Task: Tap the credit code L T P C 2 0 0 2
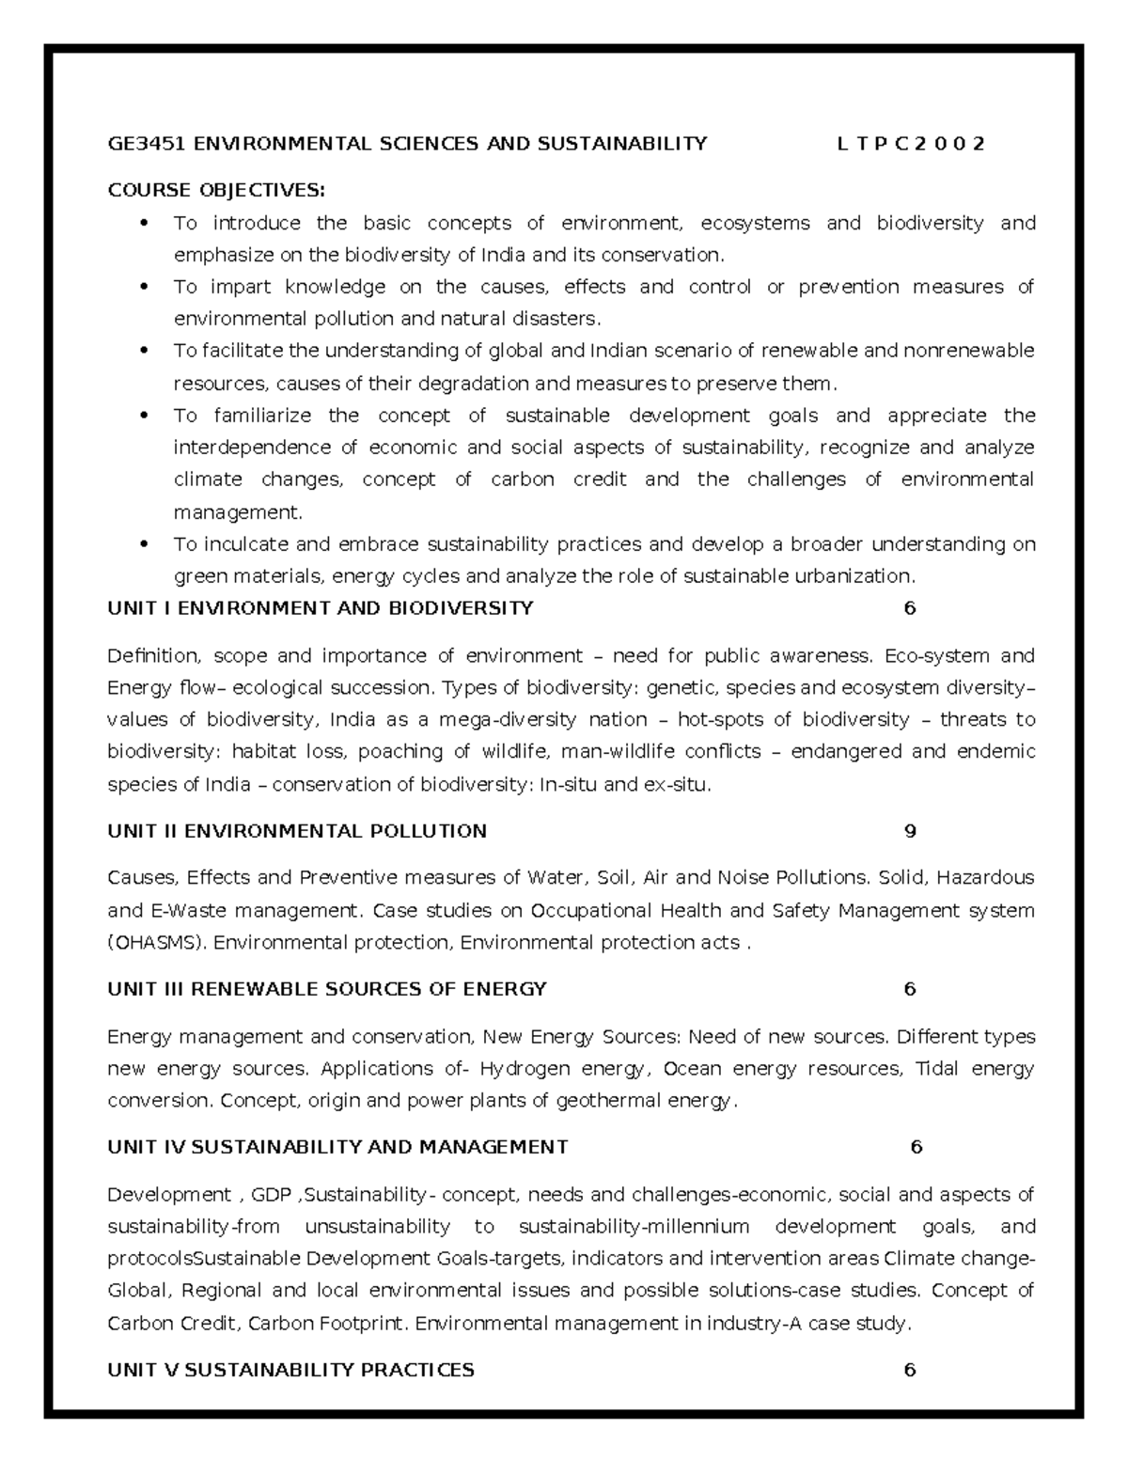(910, 144)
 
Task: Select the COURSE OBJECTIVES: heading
(216, 191)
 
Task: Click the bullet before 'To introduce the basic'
(144, 224)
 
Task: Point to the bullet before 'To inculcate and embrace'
(144, 544)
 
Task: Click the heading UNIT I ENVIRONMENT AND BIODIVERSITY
(321, 608)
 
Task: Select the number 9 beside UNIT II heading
(909, 831)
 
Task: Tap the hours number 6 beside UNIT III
(909, 989)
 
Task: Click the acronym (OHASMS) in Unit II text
(158, 943)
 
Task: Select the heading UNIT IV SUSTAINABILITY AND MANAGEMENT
(337, 1147)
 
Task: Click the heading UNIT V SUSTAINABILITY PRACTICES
(290, 1371)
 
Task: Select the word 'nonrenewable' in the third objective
(968, 352)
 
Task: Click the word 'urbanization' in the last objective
(860, 576)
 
